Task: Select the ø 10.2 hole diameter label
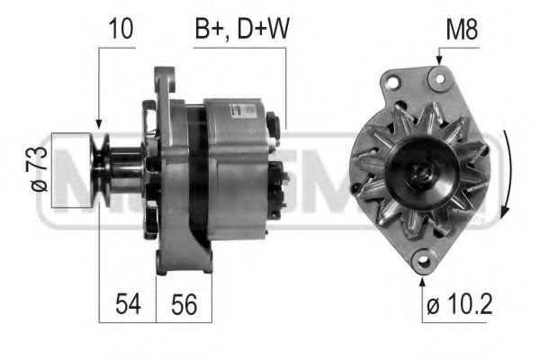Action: click(459, 305)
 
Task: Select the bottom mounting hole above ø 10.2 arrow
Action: click(423, 261)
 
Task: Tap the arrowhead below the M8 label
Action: click(440, 60)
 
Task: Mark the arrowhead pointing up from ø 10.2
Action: click(423, 278)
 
